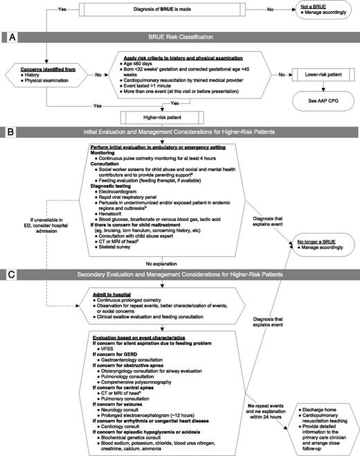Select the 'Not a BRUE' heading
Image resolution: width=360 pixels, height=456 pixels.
(309, 6)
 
